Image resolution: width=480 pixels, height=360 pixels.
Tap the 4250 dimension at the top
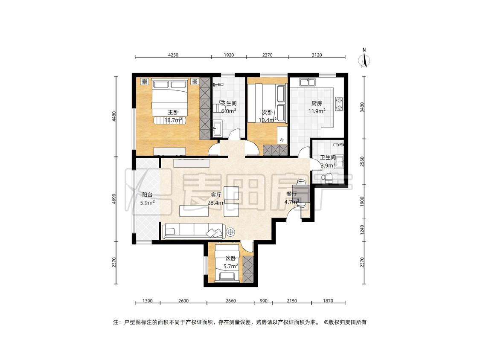(x=173, y=55)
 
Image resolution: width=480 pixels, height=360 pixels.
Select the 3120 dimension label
(x=317, y=55)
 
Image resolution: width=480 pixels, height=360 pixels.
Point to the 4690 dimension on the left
(x=114, y=199)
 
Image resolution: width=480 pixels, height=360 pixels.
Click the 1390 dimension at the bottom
(x=148, y=301)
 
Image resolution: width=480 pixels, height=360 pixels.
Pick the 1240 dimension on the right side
(x=362, y=230)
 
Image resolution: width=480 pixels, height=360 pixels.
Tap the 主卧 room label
(x=173, y=112)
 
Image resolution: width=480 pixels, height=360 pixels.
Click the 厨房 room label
(x=317, y=104)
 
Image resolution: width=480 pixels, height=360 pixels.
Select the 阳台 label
(x=147, y=195)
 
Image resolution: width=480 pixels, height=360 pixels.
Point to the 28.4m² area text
(x=216, y=202)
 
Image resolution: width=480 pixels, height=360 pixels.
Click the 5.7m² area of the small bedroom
(x=231, y=266)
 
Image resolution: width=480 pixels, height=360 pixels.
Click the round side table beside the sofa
(x=230, y=232)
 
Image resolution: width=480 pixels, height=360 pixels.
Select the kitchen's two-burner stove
(x=339, y=104)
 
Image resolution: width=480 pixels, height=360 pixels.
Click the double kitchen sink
(x=308, y=82)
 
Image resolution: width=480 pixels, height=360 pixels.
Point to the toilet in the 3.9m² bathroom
(x=327, y=177)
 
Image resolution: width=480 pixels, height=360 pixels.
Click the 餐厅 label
(x=292, y=194)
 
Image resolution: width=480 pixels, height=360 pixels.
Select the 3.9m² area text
(x=328, y=165)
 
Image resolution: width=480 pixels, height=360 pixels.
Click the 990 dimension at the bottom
(x=264, y=301)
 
